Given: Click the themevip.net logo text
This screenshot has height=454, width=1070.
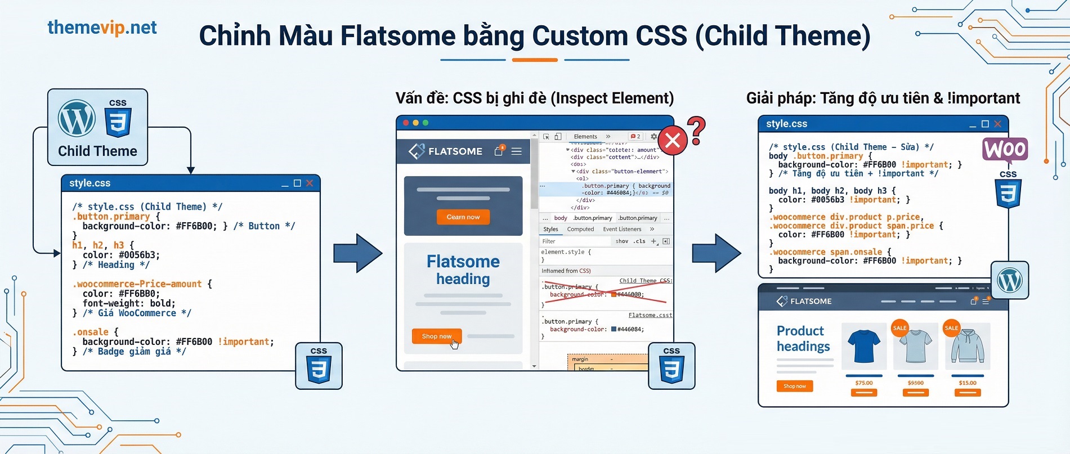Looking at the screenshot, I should [x=102, y=28].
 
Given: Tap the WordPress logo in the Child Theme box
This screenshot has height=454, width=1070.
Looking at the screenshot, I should [x=77, y=118].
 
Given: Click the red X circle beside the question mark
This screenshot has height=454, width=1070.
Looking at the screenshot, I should [x=673, y=141].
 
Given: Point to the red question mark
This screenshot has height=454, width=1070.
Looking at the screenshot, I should [x=697, y=130].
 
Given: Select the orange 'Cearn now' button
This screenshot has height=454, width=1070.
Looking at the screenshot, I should [x=463, y=217].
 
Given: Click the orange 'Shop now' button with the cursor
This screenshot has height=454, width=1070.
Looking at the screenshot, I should [x=437, y=336].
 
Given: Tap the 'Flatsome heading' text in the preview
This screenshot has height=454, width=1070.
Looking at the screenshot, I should [x=463, y=270].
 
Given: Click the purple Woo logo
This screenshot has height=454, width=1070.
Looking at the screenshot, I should [x=1005, y=150].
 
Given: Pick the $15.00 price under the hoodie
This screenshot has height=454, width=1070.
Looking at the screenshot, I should [x=968, y=383].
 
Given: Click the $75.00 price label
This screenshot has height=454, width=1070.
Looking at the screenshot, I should [x=864, y=383].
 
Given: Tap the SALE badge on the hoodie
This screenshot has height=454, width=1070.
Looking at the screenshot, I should [x=951, y=328].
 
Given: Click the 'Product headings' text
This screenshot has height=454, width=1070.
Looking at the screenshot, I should [x=803, y=339].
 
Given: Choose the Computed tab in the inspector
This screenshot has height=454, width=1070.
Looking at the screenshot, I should [x=580, y=230].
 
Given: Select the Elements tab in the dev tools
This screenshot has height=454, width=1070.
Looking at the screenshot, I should [x=585, y=137].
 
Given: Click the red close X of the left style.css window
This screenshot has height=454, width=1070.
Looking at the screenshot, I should [x=310, y=183].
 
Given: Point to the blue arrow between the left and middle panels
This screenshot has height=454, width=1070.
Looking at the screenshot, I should [x=357, y=253].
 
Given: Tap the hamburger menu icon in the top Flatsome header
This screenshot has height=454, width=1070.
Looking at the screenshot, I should [x=516, y=151].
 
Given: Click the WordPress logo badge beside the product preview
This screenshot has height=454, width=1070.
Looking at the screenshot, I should [x=1010, y=280].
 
